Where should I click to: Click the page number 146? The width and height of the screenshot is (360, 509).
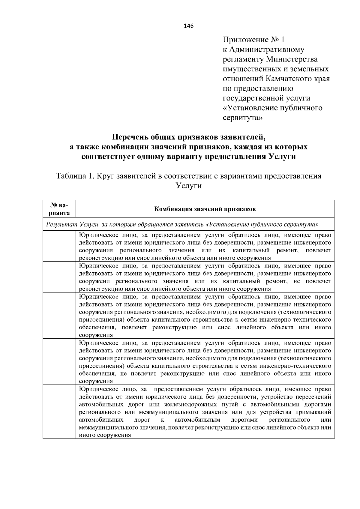[189, 26]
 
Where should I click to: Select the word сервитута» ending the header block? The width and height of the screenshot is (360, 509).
[243, 118]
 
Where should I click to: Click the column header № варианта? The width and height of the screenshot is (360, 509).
[59, 209]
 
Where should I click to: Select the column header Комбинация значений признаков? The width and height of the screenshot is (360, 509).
[205, 209]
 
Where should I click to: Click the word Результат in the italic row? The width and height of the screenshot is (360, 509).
[61, 224]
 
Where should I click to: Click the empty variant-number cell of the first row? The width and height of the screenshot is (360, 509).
[59, 246]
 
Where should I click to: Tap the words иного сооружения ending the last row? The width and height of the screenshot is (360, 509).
[105, 435]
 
